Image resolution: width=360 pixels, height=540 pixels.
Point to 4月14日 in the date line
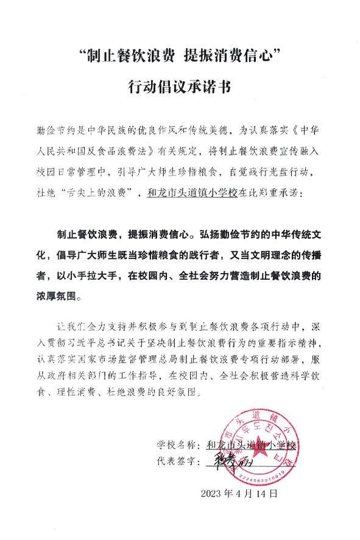point(256,492)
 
